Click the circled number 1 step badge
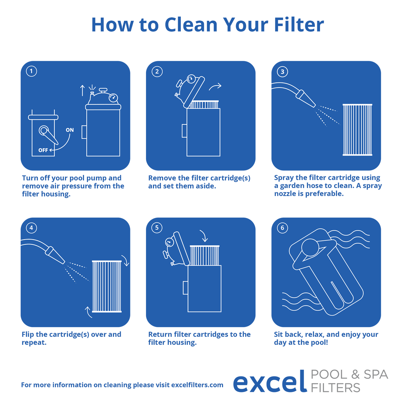[x=31, y=72]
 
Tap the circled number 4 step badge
[x=31, y=228]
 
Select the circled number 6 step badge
[x=282, y=228]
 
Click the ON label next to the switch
[x=70, y=130]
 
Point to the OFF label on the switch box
[x=43, y=150]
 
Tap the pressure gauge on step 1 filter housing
[x=114, y=97]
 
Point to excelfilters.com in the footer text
[x=197, y=385]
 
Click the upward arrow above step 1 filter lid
[x=82, y=90]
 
